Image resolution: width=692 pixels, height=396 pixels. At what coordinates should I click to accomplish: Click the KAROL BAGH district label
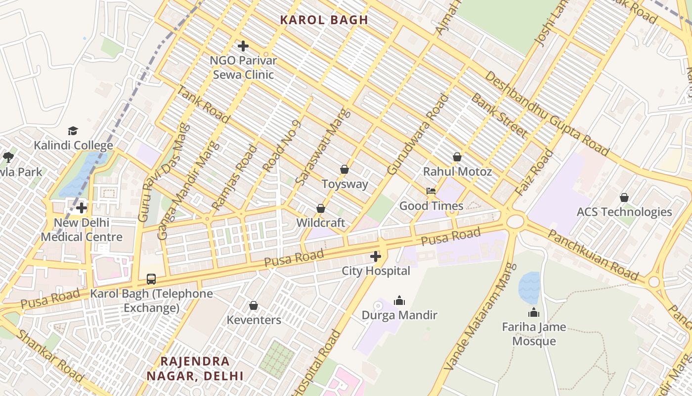(324, 20)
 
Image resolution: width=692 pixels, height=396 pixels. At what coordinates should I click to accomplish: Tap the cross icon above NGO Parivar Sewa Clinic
(243, 46)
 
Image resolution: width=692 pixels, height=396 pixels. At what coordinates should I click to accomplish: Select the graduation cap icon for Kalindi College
(73, 131)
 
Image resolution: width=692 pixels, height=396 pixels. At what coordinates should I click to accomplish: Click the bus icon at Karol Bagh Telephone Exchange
(151, 279)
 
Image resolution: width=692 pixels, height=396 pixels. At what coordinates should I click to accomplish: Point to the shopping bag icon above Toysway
(345, 169)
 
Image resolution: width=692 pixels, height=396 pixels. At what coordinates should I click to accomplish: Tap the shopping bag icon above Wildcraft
(320, 208)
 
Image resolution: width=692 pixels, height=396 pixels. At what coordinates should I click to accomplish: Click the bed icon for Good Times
(431, 191)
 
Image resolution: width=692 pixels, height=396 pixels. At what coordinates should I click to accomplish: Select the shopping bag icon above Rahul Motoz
(457, 157)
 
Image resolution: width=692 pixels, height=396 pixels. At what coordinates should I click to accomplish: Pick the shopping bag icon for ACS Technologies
(624, 198)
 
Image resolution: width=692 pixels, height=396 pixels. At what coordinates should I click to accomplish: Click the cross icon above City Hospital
(376, 256)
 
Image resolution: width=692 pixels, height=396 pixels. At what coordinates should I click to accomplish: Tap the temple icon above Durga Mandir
(399, 300)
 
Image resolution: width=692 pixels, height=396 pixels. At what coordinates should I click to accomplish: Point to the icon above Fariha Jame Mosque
(533, 312)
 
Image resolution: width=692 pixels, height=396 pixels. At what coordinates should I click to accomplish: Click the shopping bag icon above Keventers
(254, 305)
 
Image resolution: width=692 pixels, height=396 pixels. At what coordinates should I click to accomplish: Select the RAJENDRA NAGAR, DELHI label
(195, 368)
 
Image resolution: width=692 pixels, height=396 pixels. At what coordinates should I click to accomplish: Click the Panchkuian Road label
(593, 255)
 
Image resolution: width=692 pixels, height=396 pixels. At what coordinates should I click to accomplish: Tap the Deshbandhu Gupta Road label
(546, 113)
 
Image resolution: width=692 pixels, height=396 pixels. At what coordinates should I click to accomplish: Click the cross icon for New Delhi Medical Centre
(82, 208)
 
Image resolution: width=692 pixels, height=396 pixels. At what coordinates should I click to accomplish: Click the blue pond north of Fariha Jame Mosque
(529, 288)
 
